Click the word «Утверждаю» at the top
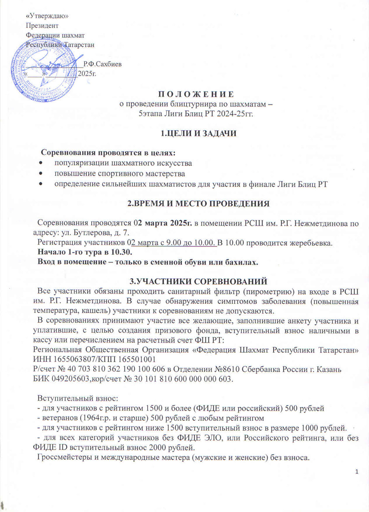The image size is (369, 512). click(47, 16)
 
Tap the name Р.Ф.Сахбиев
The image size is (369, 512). click(102, 64)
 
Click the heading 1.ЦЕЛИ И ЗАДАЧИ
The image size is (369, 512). click(198, 133)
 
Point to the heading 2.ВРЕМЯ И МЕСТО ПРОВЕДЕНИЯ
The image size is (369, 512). click(198, 204)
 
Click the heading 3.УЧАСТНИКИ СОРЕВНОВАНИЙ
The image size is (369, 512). click(198, 282)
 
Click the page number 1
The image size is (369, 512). click(356, 472)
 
